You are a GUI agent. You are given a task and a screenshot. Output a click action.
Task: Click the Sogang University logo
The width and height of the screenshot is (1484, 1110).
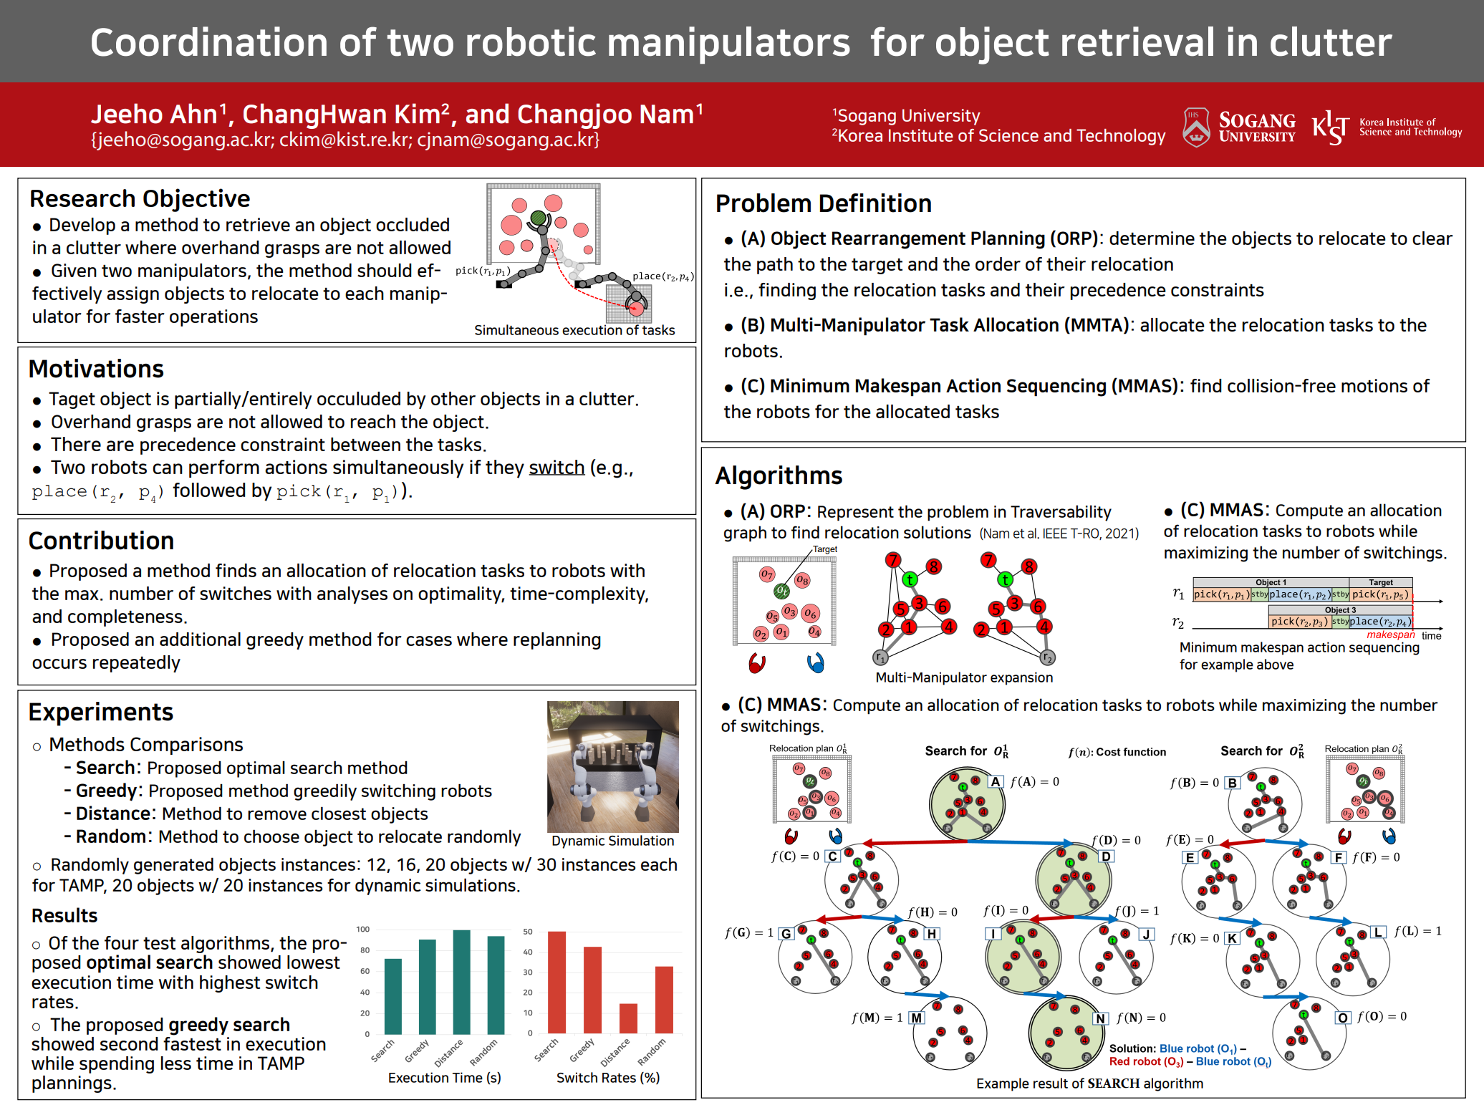(x=1238, y=127)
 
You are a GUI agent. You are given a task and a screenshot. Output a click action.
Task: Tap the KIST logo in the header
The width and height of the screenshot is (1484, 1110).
(x=1386, y=127)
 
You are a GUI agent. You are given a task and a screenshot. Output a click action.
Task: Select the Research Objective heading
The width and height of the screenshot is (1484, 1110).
(x=140, y=198)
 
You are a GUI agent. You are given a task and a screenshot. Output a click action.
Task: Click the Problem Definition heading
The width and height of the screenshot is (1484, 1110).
(x=824, y=203)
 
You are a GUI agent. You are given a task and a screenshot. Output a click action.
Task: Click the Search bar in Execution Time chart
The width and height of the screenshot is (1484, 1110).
(x=393, y=996)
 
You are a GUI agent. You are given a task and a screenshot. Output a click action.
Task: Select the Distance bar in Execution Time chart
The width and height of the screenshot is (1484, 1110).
(x=462, y=982)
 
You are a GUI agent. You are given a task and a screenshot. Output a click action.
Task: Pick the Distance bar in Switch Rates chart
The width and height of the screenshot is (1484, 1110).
(x=628, y=1018)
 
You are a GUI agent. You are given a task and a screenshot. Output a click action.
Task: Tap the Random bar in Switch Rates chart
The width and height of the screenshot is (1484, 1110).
(x=664, y=1000)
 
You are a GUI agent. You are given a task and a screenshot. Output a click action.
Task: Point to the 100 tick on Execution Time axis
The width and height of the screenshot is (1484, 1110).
(x=363, y=930)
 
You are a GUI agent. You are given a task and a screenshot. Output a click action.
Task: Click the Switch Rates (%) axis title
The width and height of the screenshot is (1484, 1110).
(x=608, y=1078)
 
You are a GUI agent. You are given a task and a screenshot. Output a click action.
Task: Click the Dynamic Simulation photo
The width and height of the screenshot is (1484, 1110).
(x=612, y=766)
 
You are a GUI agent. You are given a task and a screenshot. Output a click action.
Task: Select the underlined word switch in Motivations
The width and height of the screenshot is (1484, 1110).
(x=556, y=468)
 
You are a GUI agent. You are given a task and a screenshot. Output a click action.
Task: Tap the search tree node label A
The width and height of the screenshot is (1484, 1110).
(x=996, y=782)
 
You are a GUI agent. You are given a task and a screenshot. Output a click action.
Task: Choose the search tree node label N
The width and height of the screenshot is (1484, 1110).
(x=1101, y=1018)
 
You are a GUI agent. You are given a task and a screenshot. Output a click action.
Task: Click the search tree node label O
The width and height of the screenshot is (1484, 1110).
(x=1343, y=1018)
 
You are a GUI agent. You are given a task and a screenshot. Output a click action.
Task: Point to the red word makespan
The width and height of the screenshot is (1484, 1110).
(x=1390, y=634)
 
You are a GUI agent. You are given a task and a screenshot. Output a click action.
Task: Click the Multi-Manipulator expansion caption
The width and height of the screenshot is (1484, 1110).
(x=964, y=677)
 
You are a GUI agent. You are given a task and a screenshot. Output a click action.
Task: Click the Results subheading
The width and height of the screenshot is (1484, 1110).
(x=64, y=916)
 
